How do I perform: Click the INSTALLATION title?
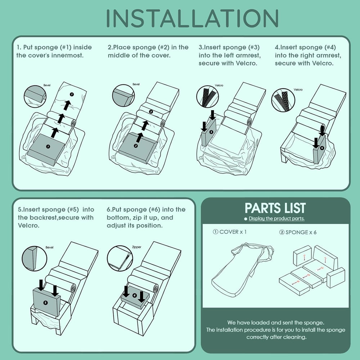click(x=192, y=18)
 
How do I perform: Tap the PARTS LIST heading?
click(x=275, y=208)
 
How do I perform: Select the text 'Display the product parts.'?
click(x=276, y=219)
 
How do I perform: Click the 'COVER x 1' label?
click(x=230, y=232)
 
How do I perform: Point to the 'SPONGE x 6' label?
click(x=298, y=232)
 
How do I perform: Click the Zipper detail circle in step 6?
click(x=120, y=258)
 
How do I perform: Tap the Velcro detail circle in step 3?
click(x=207, y=96)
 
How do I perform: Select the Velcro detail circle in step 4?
click(x=283, y=100)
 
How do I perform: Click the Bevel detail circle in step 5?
click(x=34, y=258)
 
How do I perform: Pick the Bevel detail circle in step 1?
click(x=35, y=96)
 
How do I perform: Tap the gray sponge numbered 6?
click(x=135, y=297)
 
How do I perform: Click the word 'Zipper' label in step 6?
click(x=136, y=247)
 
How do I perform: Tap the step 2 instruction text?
click(x=148, y=51)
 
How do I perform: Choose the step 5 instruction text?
click(x=56, y=217)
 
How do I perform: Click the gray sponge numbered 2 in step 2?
click(x=138, y=148)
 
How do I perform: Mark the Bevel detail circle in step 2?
click(x=123, y=95)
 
